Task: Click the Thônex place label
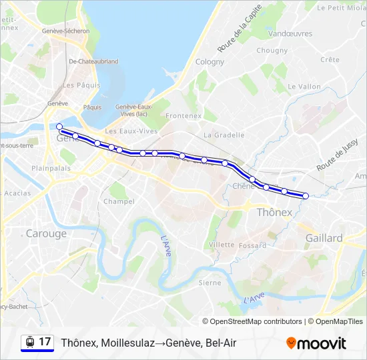click(x=274, y=213)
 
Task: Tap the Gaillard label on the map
click(x=324, y=238)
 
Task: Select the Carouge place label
click(x=46, y=233)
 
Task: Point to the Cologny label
click(x=210, y=62)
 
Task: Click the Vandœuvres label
click(x=290, y=33)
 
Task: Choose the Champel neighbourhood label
click(x=119, y=201)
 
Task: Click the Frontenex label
click(x=183, y=115)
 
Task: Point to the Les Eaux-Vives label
click(x=131, y=131)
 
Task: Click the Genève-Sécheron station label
click(x=65, y=31)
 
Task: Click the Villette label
click(x=222, y=245)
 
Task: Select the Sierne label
click(x=210, y=283)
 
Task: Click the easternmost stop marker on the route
click(x=306, y=196)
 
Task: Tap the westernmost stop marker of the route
click(x=59, y=126)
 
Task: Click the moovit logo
click(x=316, y=343)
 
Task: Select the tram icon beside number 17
click(x=29, y=342)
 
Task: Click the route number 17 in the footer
click(x=45, y=342)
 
